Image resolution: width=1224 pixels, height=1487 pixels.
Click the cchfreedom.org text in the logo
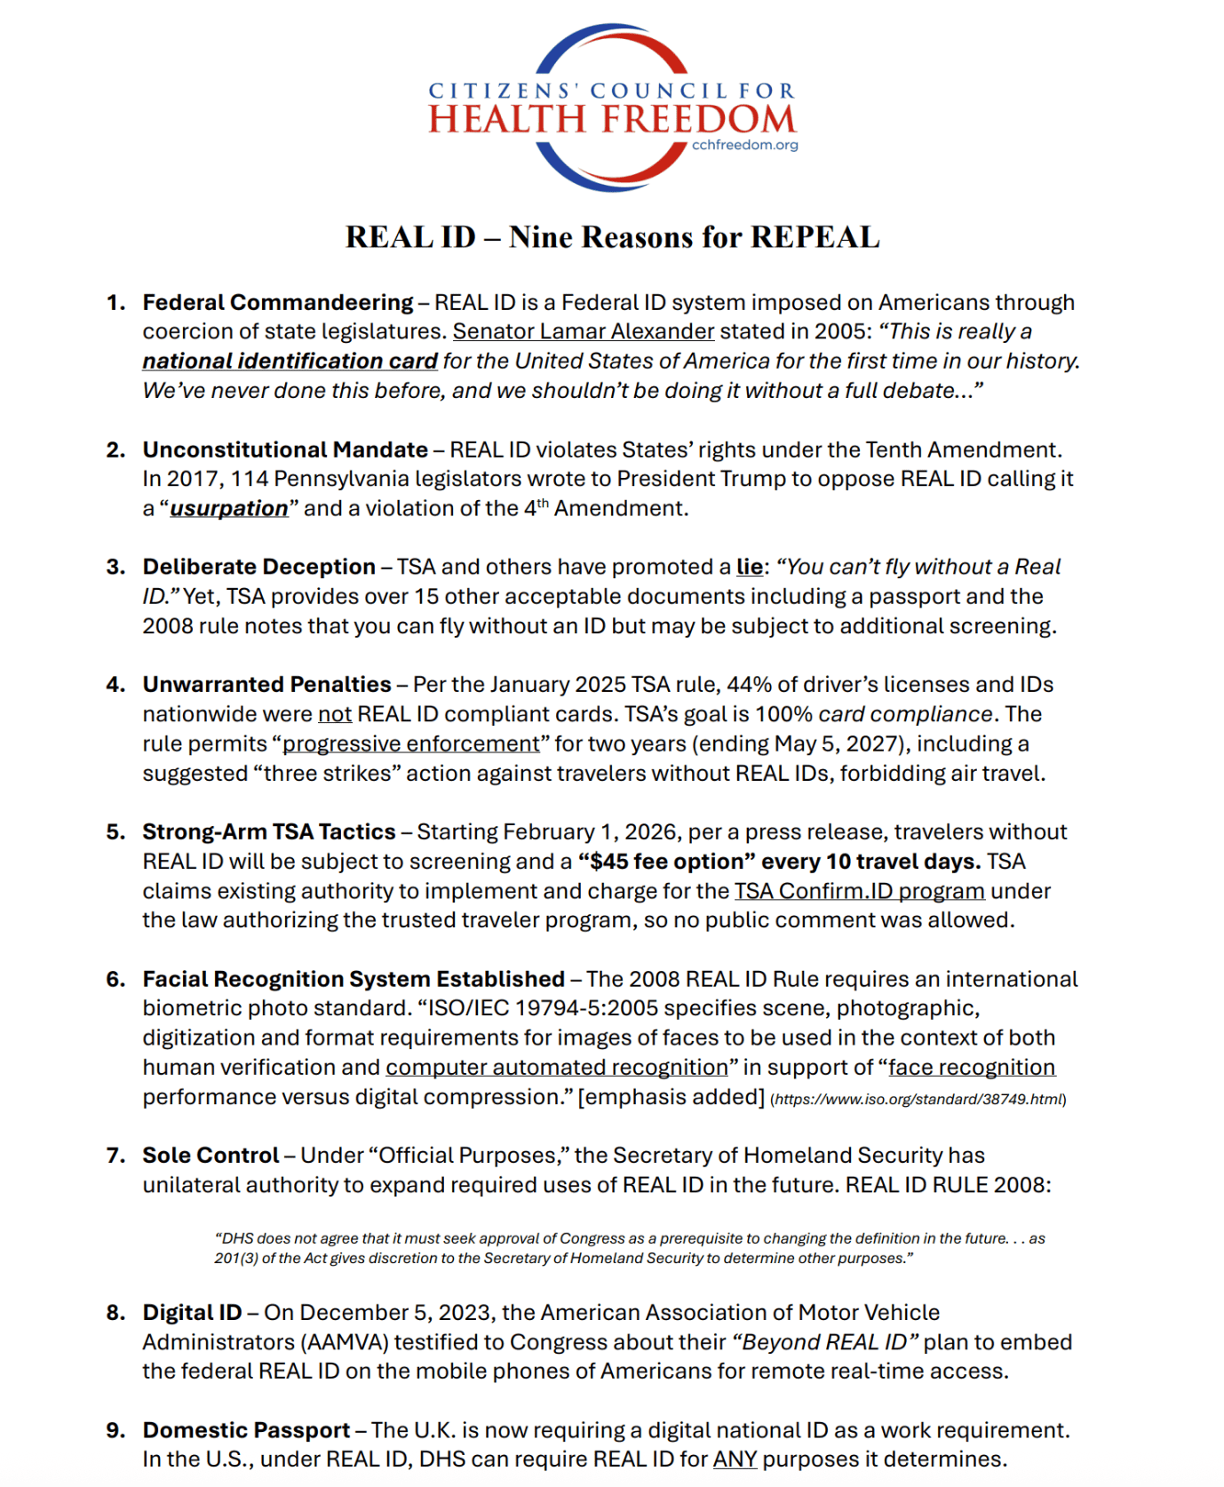[744, 145]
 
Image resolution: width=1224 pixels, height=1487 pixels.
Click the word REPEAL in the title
[815, 237]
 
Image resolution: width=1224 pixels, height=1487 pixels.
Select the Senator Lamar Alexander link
[584, 331]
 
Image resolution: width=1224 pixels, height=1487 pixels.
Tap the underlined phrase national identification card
[290, 361]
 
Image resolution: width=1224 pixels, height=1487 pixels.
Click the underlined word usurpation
[229, 508]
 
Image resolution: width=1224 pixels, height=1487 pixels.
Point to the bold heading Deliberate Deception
[258, 567]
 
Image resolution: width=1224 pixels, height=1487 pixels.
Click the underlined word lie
[750, 567]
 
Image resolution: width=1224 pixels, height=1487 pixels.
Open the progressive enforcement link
[410, 743]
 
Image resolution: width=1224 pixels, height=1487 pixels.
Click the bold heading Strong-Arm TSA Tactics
[269, 831]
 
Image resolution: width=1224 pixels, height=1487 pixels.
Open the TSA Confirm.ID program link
[859, 890]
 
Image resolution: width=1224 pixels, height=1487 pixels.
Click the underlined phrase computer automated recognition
[556, 1067]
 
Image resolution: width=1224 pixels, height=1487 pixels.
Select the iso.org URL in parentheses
[918, 1099]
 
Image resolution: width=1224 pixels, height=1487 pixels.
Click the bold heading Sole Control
[211, 1155]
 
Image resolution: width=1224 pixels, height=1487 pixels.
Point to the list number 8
[115, 1312]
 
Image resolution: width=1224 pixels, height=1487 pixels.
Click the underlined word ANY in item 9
[735, 1459]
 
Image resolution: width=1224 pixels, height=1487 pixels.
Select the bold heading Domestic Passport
[246, 1430]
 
